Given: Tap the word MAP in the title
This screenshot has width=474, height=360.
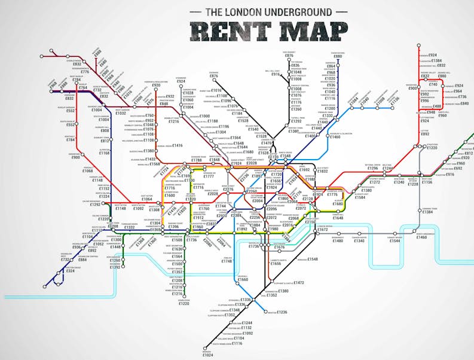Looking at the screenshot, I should (311, 30).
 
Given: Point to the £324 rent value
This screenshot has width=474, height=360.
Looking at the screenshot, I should (71, 271).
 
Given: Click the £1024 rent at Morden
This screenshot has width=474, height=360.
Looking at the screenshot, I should (207, 355).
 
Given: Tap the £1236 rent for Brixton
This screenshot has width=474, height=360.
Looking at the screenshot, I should (282, 312).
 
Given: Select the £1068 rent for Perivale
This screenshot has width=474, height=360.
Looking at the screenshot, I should (87, 170).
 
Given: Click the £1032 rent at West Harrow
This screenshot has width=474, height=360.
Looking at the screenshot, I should (120, 112).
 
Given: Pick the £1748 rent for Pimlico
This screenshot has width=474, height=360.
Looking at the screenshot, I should (227, 261).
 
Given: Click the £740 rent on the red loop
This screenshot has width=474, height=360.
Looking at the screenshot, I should (433, 84).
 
